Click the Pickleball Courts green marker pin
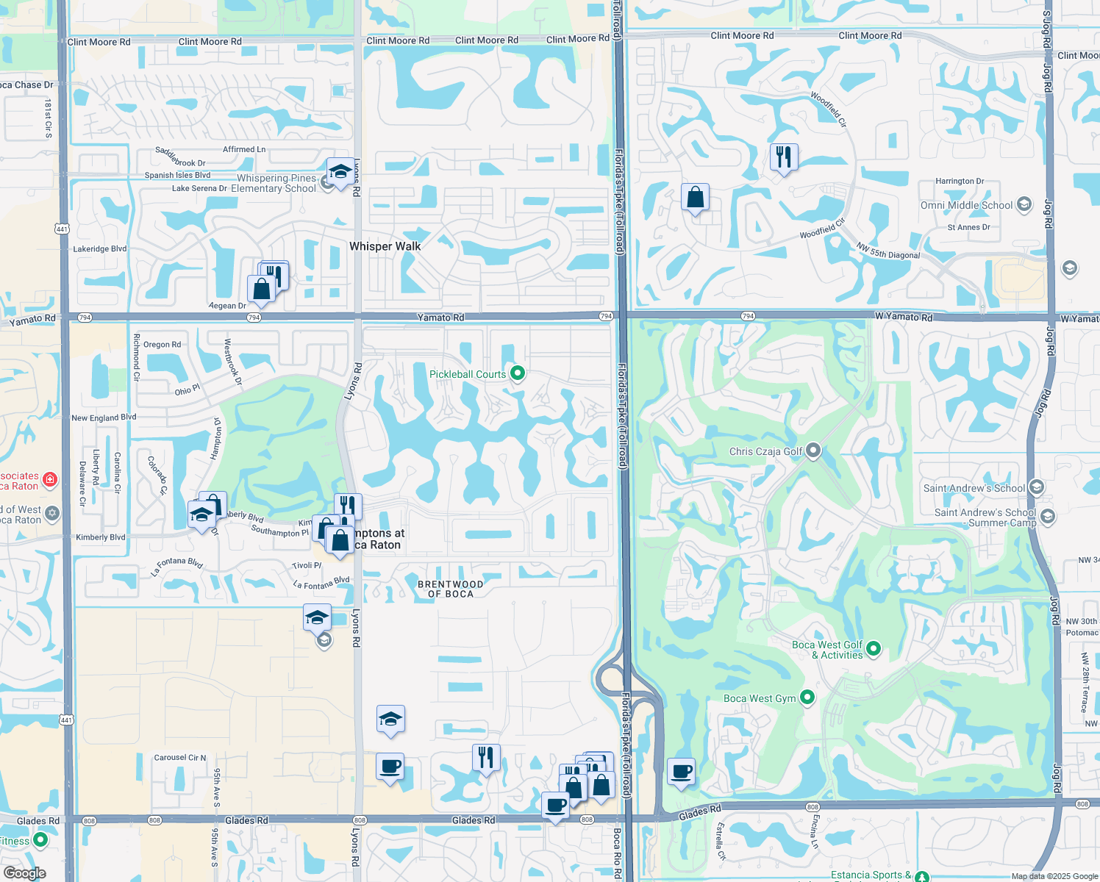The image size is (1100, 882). click(518, 373)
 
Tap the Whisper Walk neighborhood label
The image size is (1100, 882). click(385, 246)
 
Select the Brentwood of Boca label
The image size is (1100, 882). click(451, 589)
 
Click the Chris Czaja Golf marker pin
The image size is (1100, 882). click(813, 450)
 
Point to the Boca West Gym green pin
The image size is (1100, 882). click(807, 697)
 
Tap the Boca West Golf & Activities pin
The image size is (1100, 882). click(874, 648)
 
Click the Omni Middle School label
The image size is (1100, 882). click(966, 205)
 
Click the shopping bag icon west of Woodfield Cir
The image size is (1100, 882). click(695, 197)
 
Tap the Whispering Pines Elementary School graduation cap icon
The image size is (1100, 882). click(339, 172)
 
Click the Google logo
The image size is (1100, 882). click(24, 872)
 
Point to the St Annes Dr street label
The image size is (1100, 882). click(968, 227)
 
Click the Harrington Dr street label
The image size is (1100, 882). click(959, 181)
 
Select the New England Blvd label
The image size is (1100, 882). click(104, 417)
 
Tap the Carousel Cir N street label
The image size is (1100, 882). click(180, 757)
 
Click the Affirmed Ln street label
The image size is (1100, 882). click(244, 149)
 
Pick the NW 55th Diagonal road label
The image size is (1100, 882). click(888, 251)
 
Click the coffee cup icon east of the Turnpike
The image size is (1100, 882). click(682, 772)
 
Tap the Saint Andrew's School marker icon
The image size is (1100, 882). click(1036, 487)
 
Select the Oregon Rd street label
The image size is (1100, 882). click(162, 344)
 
